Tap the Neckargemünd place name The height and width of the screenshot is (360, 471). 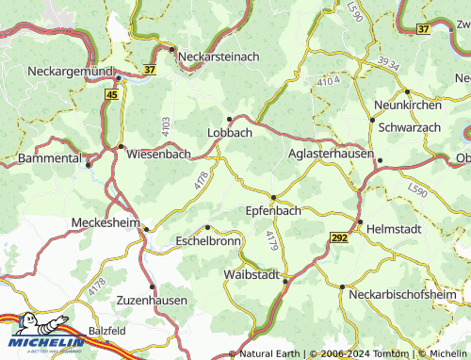pyautogui.click(x=56, y=71)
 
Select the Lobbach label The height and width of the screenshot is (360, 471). pyautogui.click(x=230, y=133)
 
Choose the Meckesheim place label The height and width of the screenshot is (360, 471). pyautogui.click(x=105, y=222)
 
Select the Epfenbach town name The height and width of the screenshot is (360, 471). pyautogui.click(x=272, y=210)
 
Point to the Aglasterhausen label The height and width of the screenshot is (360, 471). pyautogui.click(x=332, y=152)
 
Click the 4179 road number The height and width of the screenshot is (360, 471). pyautogui.click(x=272, y=240)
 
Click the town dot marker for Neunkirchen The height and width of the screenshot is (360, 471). pyautogui.click(x=407, y=91)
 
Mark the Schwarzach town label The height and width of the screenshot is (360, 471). pyautogui.click(x=411, y=125)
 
